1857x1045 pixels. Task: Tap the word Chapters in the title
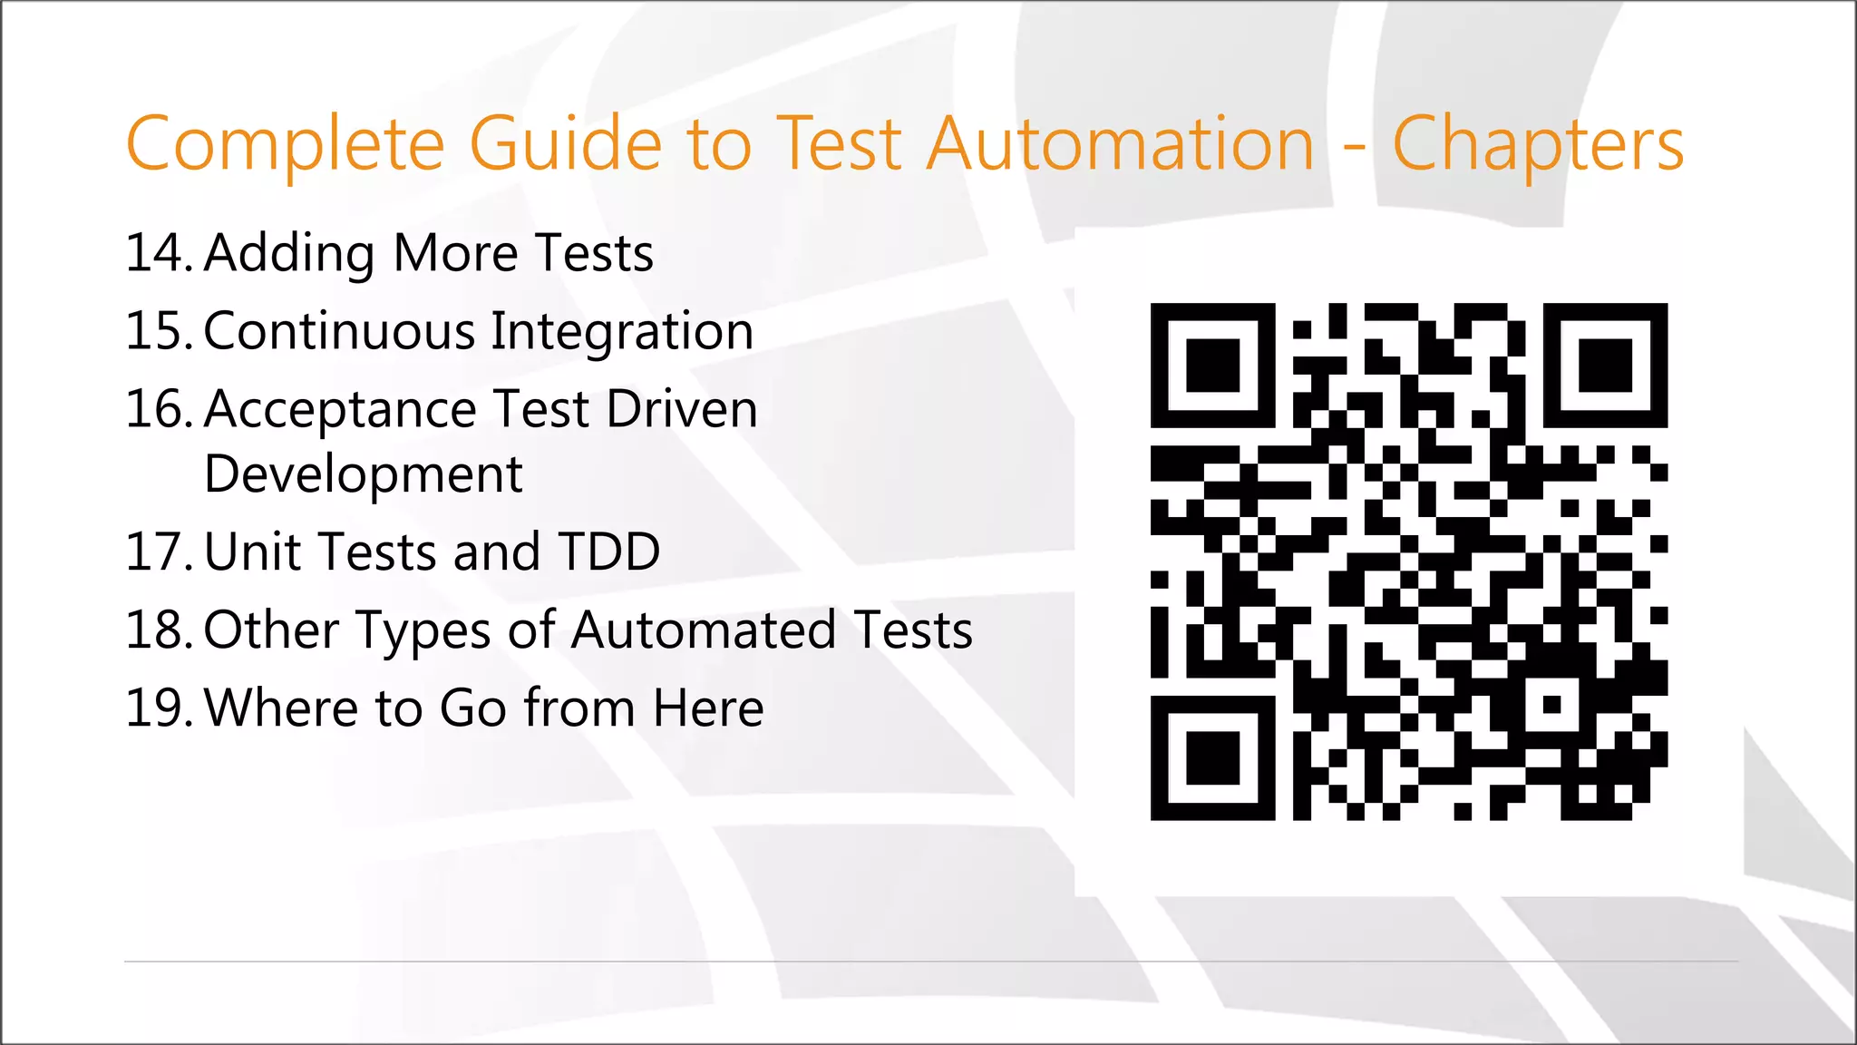pyautogui.click(x=1538, y=145)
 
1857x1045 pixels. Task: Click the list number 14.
pyautogui.click(x=157, y=253)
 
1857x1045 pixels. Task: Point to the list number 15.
pyautogui.click(x=157, y=331)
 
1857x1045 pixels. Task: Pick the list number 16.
pyautogui.click(x=157, y=409)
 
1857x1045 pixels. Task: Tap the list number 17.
pyautogui.click(x=157, y=552)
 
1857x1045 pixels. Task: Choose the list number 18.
pyautogui.click(x=157, y=630)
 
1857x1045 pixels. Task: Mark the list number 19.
pyautogui.click(x=157, y=708)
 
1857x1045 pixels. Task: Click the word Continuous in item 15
pyautogui.click(x=339, y=331)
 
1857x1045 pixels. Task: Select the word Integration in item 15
pyautogui.click(x=622, y=333)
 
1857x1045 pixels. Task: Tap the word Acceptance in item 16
pyautogui.click(x=340, y=411)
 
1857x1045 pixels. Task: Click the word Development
pyautogui.click(x=363, y=475)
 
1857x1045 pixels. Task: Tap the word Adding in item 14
pyautogui.click(x=288, y=255)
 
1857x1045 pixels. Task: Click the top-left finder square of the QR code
pyautogui.click(x=1212, y=366)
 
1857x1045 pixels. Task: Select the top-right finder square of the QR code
pyautogui.click(x=1605, y=366)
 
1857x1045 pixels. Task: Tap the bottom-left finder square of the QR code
pyautogui.click(x=1212, y=757)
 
